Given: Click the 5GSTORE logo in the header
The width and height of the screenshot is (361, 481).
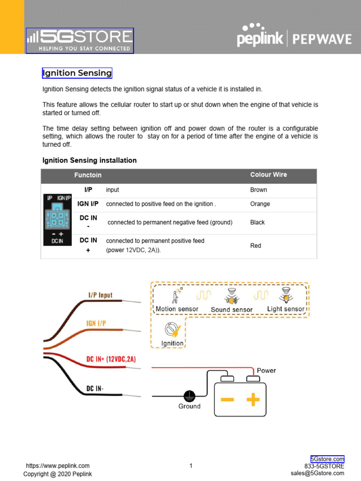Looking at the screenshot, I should pos(80,41).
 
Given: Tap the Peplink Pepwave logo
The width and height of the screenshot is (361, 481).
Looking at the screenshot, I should pos(294,36).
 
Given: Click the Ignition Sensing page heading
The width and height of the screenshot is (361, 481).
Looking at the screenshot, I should pos(77,73).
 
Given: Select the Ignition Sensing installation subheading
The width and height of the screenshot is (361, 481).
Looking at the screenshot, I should pos(89,160).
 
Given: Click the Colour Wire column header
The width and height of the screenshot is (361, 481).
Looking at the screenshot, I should pos(268,175).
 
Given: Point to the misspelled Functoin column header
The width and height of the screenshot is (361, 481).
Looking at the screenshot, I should pos(88,175).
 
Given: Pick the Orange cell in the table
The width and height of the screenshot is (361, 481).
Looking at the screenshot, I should pos(260,204).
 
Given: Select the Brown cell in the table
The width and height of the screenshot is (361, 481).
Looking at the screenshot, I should pos(259,190).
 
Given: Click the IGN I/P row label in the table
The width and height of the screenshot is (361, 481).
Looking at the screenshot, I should pos(88,204).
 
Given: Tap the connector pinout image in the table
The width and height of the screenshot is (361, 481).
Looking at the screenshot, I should pos(57,219).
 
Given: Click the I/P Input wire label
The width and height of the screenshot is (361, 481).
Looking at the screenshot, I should pos(100,295).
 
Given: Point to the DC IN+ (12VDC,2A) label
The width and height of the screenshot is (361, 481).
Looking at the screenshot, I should pos(111,359).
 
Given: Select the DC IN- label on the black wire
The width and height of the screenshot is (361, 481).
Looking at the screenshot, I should pos(95,388).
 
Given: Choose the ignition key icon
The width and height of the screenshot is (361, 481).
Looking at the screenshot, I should pos(172,330).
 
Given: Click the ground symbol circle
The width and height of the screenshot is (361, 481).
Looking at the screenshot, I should pos(189,396).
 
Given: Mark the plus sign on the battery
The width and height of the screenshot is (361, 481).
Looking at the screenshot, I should pos(253,399).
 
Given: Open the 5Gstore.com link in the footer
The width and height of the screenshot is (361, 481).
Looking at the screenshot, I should pos(327,459).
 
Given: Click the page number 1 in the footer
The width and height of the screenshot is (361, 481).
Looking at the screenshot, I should pos(191,466).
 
